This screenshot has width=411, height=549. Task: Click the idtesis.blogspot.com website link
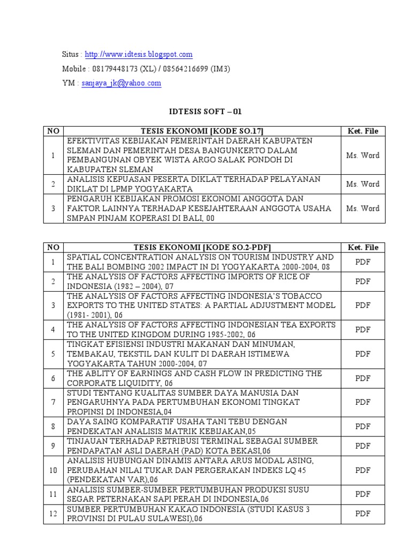139,55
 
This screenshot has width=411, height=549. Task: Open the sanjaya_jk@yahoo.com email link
121,83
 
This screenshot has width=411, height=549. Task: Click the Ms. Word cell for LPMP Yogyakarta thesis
362,184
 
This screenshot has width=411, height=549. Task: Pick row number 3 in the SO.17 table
53,209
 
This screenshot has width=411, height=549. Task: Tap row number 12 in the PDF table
53,514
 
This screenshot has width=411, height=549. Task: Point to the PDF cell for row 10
362,470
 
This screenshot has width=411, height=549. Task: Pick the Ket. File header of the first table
362,131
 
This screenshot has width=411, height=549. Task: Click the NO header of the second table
53,247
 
